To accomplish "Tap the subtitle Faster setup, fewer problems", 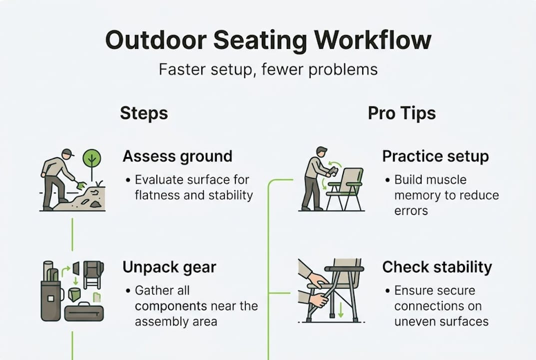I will point(268,69).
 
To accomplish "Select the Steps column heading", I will point(144,113).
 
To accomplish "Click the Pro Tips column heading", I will point(402,113).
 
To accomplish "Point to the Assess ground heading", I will point(177,156).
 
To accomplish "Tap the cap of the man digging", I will point(67,152).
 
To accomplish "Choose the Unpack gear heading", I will point(169,267).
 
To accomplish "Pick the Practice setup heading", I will point(435,156).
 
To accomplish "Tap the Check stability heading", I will point(437,267).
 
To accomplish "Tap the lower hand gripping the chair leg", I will point(318,300).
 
